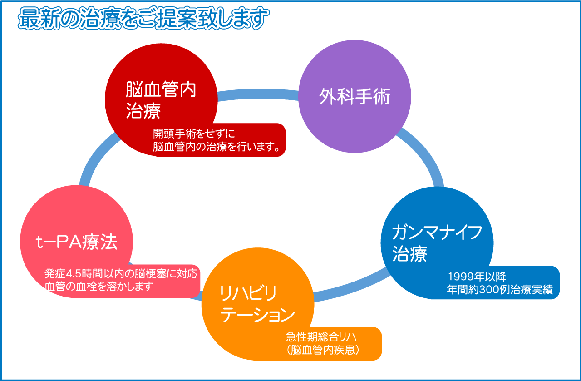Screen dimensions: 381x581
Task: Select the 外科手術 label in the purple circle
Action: (355, 96)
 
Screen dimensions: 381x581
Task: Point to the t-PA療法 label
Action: (76, 242)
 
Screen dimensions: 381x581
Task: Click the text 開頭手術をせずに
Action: (193, 134)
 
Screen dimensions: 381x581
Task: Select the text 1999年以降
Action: (477, 277)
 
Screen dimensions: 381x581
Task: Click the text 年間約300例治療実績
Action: (499, 290)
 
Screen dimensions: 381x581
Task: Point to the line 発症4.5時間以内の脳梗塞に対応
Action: (121, 274)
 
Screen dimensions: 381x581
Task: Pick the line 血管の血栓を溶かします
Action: (98, 287)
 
